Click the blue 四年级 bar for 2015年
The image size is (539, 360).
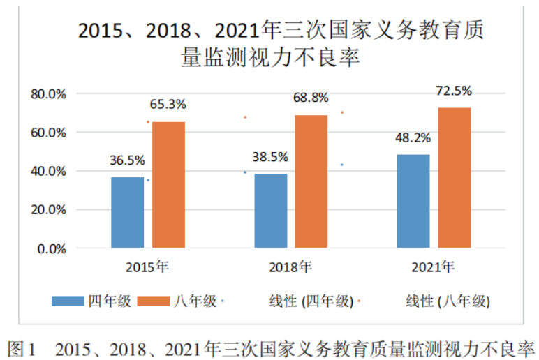[127, 212]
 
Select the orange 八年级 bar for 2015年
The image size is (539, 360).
[169, 185]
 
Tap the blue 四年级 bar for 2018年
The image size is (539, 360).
[270, 211]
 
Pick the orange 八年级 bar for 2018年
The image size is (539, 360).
[311, 181]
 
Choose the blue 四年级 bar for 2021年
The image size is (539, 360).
[413, 201]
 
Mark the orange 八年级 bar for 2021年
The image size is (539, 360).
[455, 178]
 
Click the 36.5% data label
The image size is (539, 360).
[126, 160]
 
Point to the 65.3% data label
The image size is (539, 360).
[168, 105]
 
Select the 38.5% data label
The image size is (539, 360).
[271, 156]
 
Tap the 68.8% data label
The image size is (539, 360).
[311, 98]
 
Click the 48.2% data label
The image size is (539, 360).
[414, 137]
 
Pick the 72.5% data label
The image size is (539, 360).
[455, 91]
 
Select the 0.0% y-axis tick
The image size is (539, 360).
[51, 248]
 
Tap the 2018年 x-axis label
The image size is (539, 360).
[290, 267]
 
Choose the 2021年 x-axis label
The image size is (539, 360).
[433, 267]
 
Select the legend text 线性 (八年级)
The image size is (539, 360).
[448, 301]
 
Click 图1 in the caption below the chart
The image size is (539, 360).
[21, 347]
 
